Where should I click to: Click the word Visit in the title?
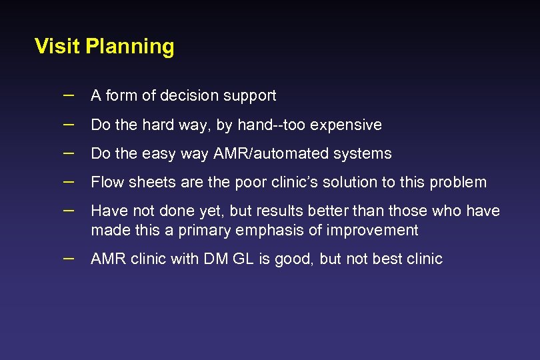tap(57, 47)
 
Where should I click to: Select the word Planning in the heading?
tap(130, 47)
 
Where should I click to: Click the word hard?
tap(153, 125)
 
